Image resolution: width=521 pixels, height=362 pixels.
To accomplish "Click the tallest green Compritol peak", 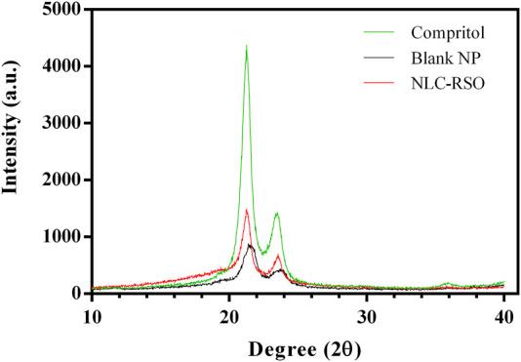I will click(x=246, y=46).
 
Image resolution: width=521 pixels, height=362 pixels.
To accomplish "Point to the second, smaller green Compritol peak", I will click(x=277, y=213).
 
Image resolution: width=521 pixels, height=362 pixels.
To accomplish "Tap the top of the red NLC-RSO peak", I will click(x=247, y=209).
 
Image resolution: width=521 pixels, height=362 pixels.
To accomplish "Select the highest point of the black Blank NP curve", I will click(x=251, y=245).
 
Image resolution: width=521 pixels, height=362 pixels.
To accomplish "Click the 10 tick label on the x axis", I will click(x=92, y=315).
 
